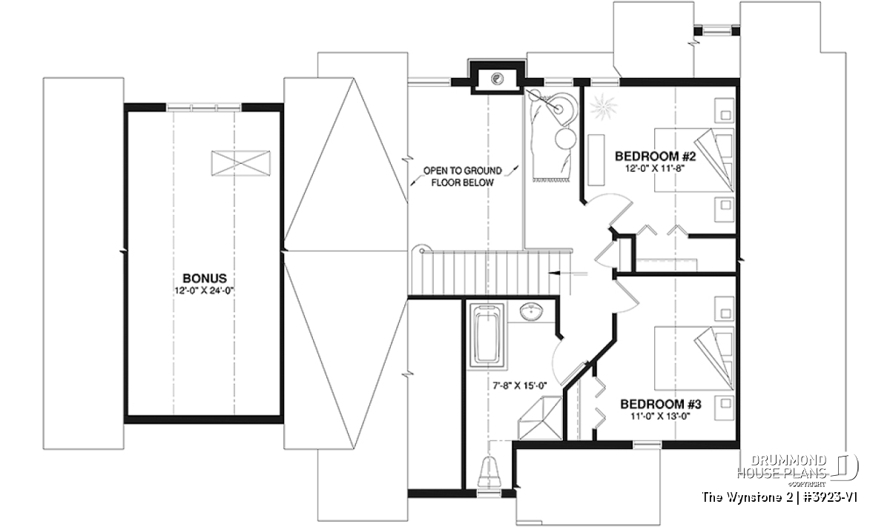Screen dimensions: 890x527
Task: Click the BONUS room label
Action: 205,278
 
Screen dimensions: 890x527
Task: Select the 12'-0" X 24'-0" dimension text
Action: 203,291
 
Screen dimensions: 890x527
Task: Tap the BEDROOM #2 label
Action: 655,156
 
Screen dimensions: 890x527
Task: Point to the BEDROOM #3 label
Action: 660,404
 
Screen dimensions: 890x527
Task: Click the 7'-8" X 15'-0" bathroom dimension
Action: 520,385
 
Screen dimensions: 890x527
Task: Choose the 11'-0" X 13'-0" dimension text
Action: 660,417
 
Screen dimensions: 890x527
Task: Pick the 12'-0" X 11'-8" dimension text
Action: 655,168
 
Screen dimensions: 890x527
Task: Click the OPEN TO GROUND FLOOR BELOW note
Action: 463,176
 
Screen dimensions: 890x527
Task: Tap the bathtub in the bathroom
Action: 487,336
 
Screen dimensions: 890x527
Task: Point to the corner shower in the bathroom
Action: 541,418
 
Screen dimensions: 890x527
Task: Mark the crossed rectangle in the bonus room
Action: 241,163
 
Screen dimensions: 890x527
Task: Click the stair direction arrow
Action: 568,274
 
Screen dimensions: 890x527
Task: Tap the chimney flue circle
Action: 497,79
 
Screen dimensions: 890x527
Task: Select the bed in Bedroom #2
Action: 694,159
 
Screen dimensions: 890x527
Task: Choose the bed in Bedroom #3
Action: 694,358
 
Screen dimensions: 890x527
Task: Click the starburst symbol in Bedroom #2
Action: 603,107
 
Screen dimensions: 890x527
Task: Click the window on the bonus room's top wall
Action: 203,107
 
